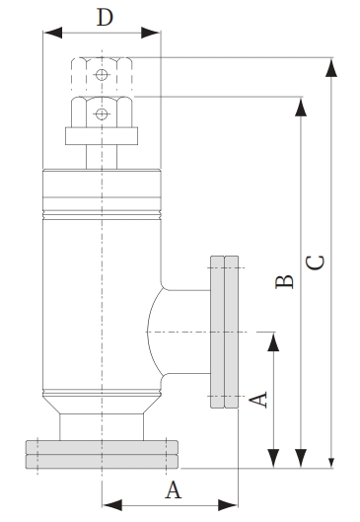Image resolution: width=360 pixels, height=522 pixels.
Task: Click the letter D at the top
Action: (105, 17)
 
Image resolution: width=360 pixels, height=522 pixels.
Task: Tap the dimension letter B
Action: (284, 282)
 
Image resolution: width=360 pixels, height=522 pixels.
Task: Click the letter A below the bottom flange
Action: (173, 488)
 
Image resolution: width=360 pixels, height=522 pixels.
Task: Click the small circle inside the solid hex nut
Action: (101, 113)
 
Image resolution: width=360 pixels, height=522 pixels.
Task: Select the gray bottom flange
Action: (102, 453)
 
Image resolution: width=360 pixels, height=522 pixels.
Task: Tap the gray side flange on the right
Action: (225, 334)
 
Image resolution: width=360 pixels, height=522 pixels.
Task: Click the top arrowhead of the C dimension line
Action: (332, 66)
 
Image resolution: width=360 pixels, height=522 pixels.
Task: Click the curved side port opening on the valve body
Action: (156, 334)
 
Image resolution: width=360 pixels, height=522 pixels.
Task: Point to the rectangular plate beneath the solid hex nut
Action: (99, 135)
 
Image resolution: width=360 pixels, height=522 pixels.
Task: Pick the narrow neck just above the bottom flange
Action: (102, 426)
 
